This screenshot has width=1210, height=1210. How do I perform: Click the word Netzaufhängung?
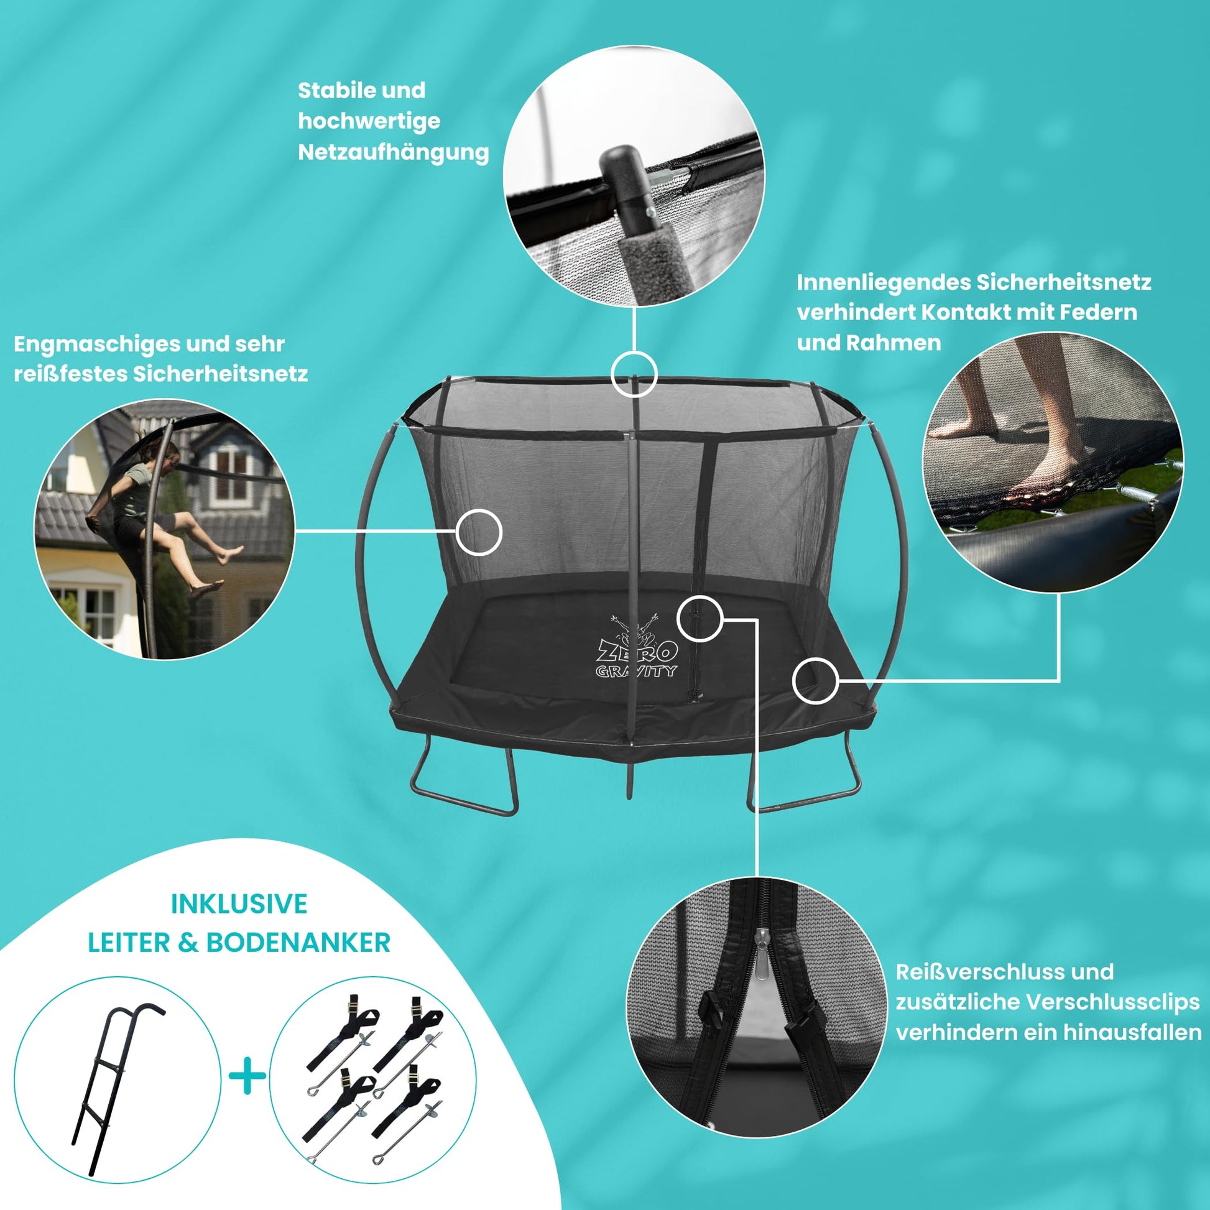point(394,153)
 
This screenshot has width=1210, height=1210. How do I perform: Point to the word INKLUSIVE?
point(239,904)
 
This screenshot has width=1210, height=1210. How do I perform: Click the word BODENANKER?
point(298,943)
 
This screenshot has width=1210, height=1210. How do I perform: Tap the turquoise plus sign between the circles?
point(248,1076)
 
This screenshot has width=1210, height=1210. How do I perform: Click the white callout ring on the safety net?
point(479,532)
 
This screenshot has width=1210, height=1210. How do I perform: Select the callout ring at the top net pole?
point(634,374)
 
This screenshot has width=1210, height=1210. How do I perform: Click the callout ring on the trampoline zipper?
point(700,619)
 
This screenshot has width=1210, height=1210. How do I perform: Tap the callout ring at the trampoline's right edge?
point(815,681)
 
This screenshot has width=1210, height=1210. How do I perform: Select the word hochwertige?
point(369,121)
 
